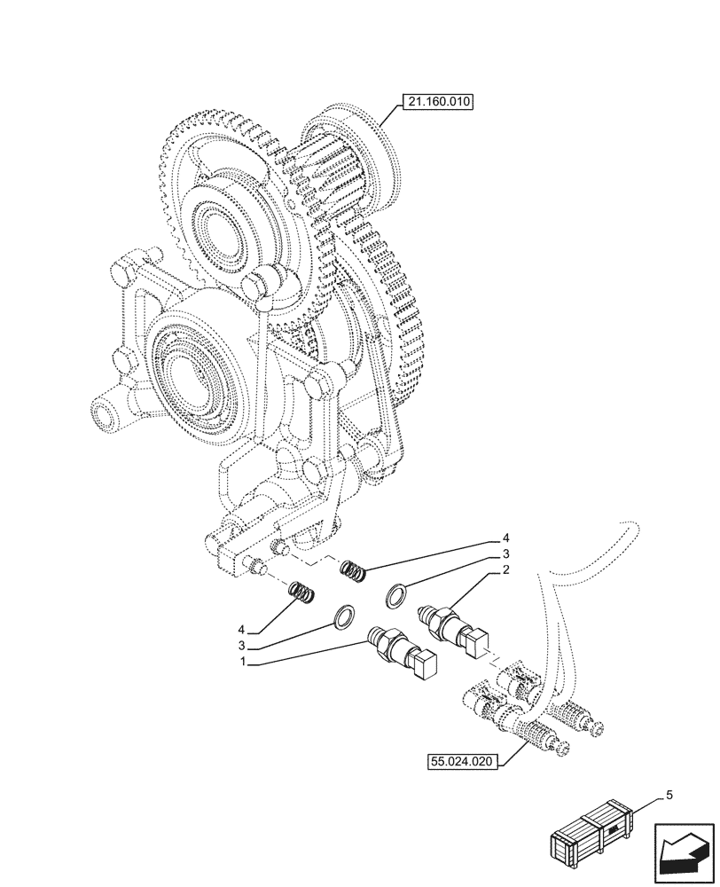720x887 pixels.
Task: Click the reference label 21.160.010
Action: point(438,103)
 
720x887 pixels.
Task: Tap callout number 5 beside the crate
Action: point(669,795)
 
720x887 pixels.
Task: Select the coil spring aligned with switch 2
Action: point(354,571)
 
